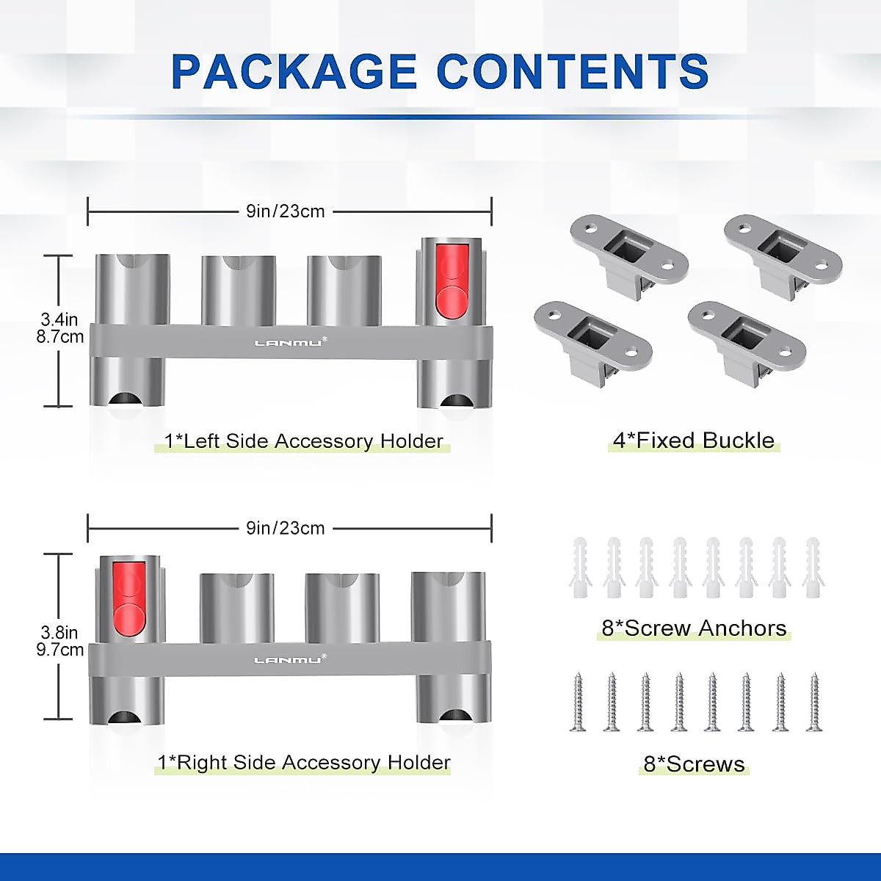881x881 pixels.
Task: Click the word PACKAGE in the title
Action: coord(294,71)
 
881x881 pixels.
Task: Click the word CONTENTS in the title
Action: coord(573,71)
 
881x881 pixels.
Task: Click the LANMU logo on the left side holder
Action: coord(289,342)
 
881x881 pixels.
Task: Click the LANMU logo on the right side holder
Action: coord(289,659)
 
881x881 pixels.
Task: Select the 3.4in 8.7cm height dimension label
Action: coord(62,328)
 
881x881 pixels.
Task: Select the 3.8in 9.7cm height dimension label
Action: coord(62,641)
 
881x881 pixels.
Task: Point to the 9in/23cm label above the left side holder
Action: coord(286,211)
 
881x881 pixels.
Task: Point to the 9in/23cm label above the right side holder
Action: coord(286,528)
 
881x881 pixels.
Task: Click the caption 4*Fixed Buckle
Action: coord(694,440)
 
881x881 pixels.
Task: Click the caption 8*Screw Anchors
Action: coord(694,628)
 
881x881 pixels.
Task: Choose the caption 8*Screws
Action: coord(694,764)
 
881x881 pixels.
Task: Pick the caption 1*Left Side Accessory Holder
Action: coord(303,441)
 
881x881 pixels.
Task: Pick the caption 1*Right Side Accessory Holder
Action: coord(303,763)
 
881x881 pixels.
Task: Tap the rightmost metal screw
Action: coord(813,702)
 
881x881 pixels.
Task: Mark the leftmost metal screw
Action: coord(578,702)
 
